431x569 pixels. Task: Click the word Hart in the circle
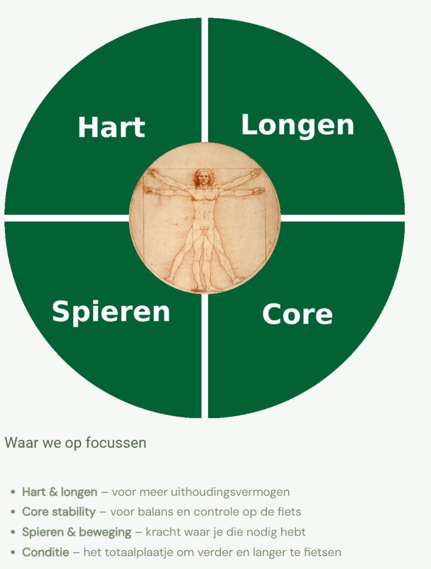coord(112,127)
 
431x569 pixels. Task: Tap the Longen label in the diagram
coord(297,125)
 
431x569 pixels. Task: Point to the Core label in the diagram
coord(297,314)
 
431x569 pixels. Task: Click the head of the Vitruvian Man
coord(203,178)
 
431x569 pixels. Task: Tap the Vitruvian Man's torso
coord(203,208)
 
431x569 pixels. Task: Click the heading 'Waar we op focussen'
coord(75,443)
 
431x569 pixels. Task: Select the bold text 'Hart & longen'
coord(60,492)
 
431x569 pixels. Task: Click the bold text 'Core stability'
coord(59,511)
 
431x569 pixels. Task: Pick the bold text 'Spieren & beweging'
coord(77,532)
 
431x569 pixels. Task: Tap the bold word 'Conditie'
coord(45,552)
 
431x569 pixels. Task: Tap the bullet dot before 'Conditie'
coord(13,553)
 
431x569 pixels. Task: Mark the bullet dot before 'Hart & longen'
coord(13,493)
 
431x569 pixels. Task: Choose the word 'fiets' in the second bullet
coord(289,511)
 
